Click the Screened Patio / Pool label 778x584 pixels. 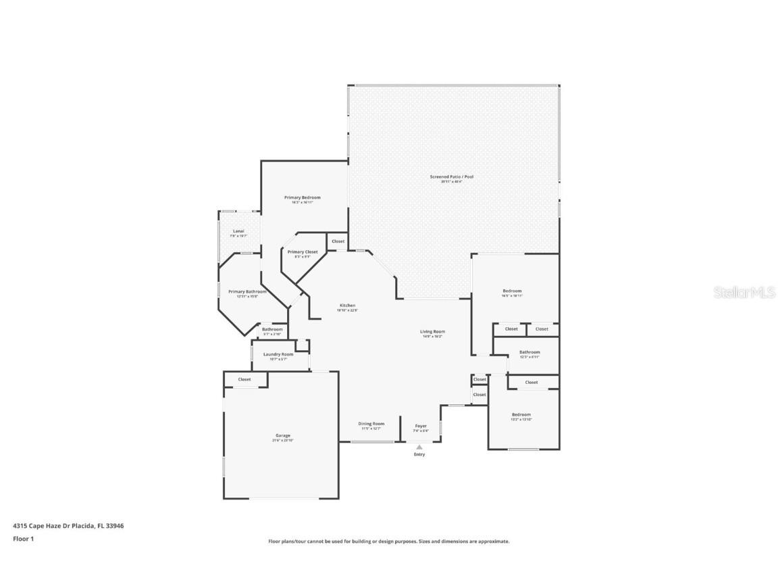[x=451, y=177]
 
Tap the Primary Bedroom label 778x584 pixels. [x=302, y=198]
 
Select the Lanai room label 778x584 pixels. [x=238, y=232]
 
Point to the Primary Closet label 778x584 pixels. [x=302, y=252]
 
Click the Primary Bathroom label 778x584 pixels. [x=247, y=292]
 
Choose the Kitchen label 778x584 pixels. [x=347, y=306]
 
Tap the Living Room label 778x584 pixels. [x=432, y=332]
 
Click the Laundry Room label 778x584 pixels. [x=278, y=355]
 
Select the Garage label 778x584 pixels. [x=282, y=436]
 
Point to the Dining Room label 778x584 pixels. [x=371, y=424]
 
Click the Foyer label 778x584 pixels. [x=421, y=427]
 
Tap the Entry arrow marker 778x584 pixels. [x=419, y=447]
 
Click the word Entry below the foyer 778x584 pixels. [x=419, y=454]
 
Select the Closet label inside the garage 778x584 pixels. [x=244, y=380]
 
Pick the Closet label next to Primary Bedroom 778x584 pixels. [x=338, y=241]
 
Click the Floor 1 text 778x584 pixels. [x=23, y=539]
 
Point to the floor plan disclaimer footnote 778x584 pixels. [x=388, y=541]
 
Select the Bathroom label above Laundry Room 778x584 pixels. [x=272, y=330]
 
